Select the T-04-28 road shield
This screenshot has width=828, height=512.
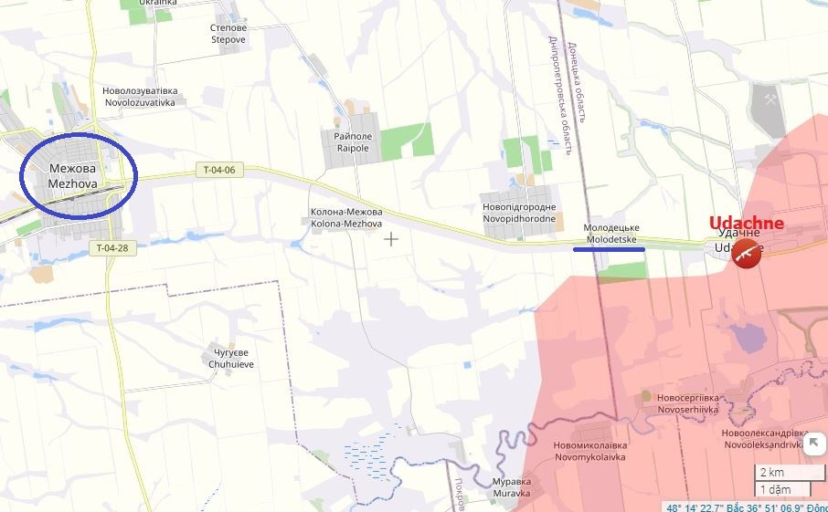point(112,247)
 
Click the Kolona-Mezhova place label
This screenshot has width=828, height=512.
point(346,218)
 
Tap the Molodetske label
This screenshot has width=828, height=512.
point(611,232)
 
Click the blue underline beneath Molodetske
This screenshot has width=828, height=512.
point(609,247)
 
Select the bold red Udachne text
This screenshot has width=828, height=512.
point(746,223)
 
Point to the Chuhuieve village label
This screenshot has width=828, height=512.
point(231,358)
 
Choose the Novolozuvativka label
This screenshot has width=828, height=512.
point(139,97)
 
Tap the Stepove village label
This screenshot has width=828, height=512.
point(228,34)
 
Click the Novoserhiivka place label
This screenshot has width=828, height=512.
point(687,404)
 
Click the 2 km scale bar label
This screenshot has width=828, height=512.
point(770,472)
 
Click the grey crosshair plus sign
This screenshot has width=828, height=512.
point(391,239)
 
